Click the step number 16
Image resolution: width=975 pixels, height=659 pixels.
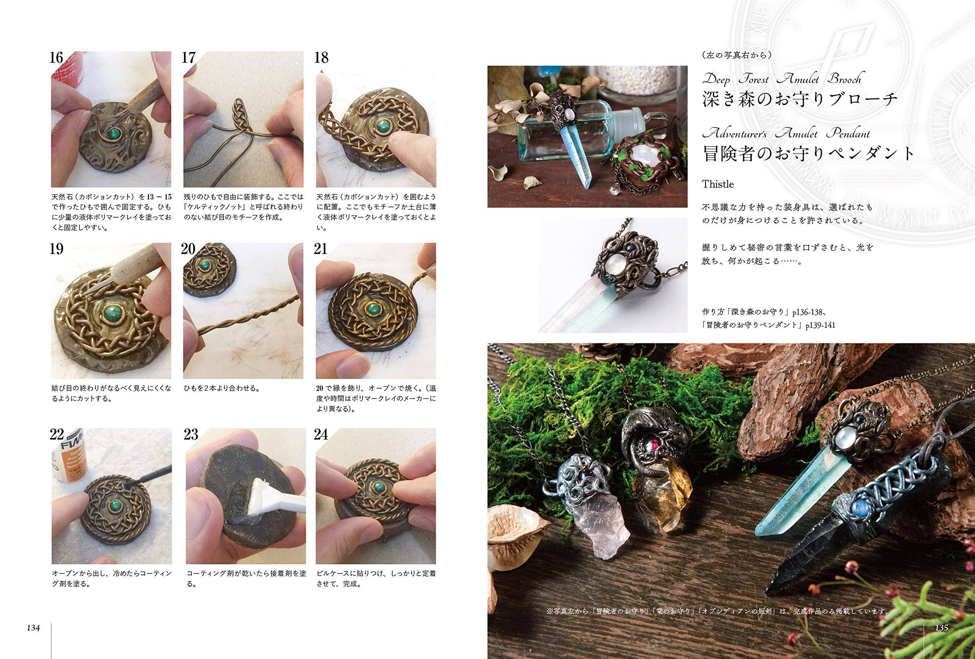click(57, 58)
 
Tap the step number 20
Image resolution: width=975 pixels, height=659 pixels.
click(189, 250)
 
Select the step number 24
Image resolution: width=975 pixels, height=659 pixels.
click(321, 435)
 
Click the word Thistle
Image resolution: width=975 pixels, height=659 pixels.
click(718, 185)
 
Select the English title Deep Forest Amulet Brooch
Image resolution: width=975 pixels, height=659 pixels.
click(782, 79)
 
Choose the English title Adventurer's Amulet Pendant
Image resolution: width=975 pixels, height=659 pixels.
click(786, 134)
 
